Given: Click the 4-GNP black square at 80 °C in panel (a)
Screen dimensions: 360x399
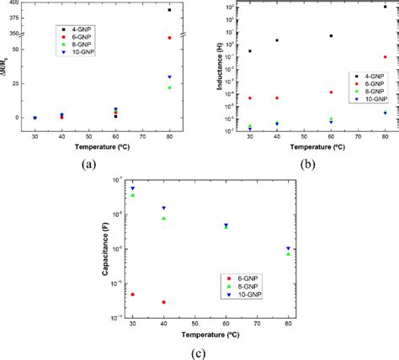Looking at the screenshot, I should click(169, 10).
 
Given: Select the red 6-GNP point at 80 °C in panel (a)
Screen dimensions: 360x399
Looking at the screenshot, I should click(169, 38).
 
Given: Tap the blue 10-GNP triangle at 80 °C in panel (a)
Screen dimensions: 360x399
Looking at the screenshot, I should click(169, 77).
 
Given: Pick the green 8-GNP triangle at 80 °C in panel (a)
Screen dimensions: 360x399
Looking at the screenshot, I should click(169, 87).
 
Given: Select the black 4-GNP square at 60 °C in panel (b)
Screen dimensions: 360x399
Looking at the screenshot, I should click(331, 36).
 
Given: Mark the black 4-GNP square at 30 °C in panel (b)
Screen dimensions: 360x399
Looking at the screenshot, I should click(250, 51).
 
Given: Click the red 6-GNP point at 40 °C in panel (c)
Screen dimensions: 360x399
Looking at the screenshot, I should click(163, 302).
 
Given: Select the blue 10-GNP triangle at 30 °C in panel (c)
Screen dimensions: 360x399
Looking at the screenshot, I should click(132, 188).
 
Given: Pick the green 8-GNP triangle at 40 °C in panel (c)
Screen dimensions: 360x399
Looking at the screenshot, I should click(163, 219).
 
